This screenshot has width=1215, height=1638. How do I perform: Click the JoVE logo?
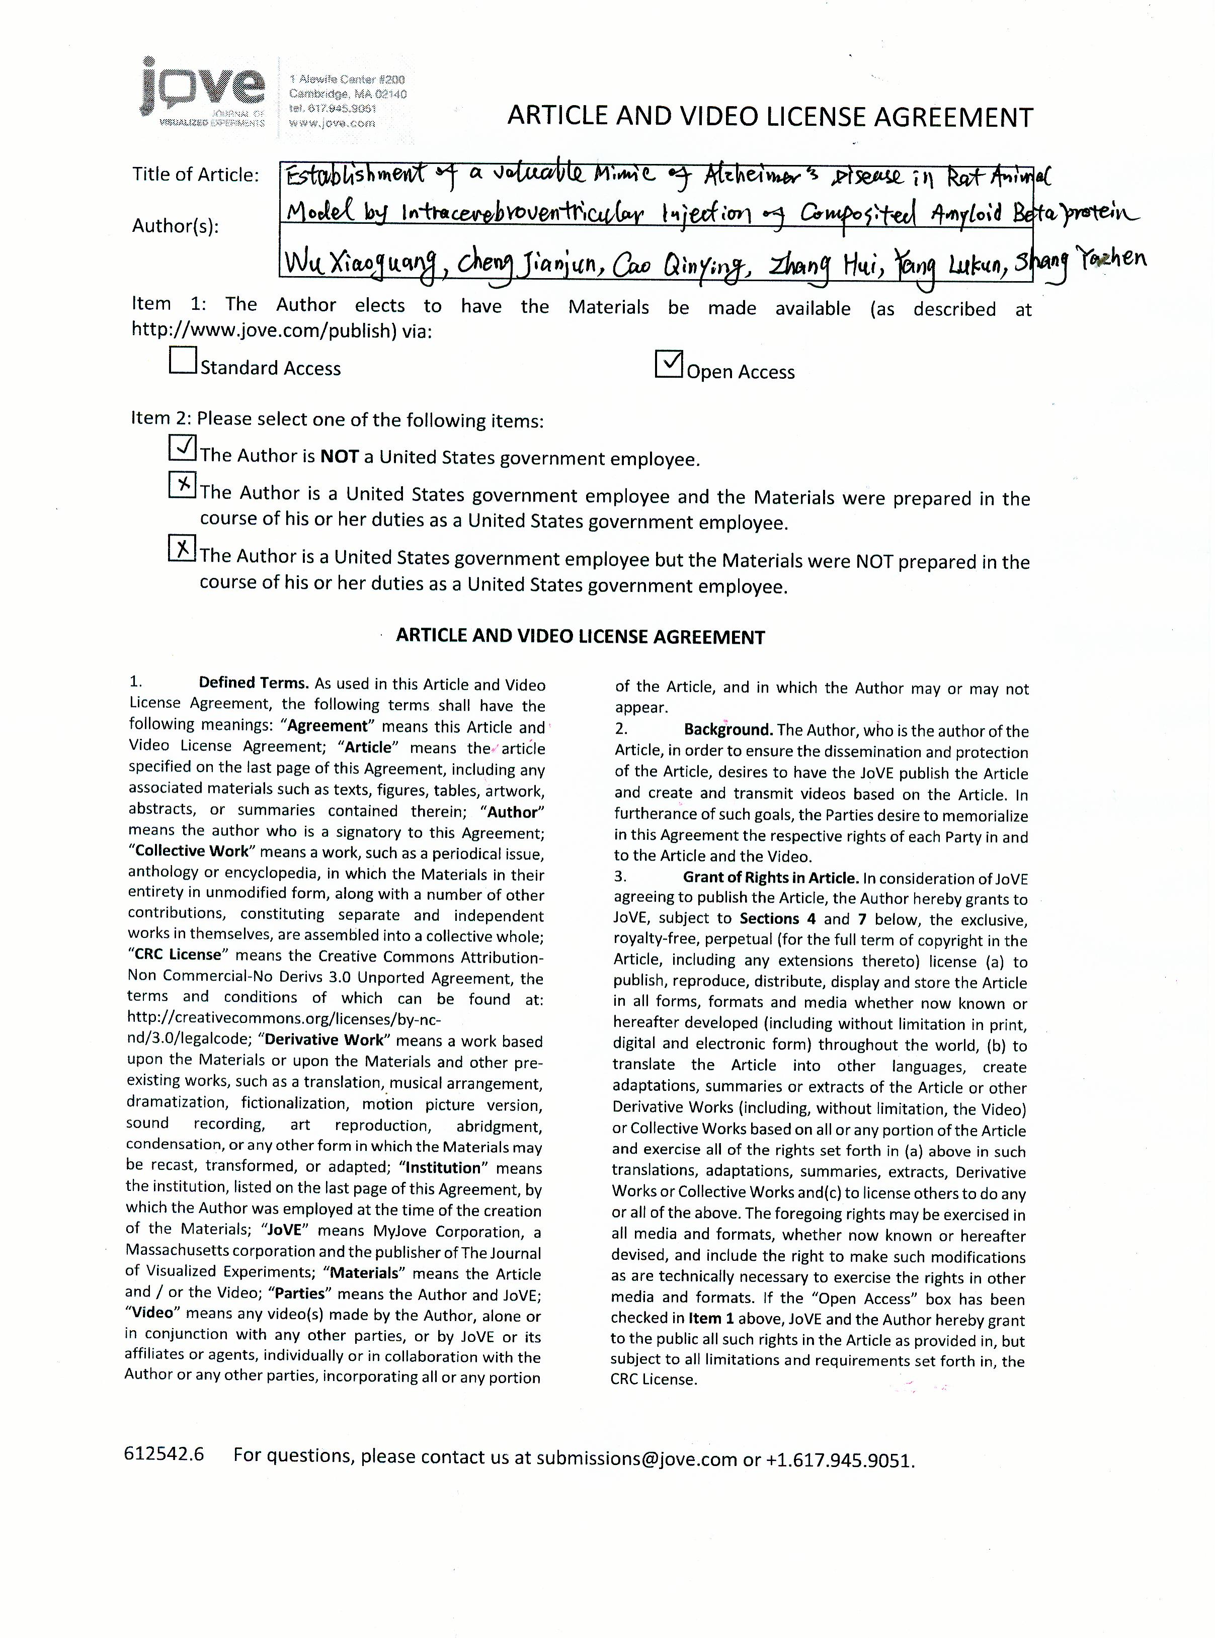[202, 94]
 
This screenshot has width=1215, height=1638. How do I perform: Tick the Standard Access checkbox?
[183, 360]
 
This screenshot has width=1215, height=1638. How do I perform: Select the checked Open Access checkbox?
[669, 364]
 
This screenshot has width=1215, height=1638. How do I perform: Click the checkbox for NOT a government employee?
[183, 448]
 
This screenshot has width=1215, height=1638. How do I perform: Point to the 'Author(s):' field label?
[176, 226]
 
